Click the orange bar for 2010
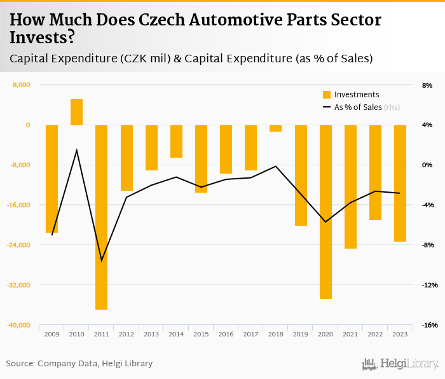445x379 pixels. pos(76,112)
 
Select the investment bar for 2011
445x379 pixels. pos(102,217)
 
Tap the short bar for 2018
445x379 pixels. pos(275,128)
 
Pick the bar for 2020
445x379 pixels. pos(325,212)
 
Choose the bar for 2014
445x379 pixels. pos(176,141)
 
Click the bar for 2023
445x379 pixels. pos(400,183)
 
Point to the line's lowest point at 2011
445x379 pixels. pos(102,261)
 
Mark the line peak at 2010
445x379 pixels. pos(77,150)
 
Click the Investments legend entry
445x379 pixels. pos(357,95)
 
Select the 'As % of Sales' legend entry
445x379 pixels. pos(358,107)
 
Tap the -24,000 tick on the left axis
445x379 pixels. pos(19,245)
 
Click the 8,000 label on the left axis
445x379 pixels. pos(22,85)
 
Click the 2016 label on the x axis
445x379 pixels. pos(226,334)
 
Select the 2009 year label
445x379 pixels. pos(52,334)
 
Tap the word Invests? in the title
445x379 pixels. pos(42,38)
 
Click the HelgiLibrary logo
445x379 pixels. pos(400,364)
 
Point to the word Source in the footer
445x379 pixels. pos(20,364)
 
